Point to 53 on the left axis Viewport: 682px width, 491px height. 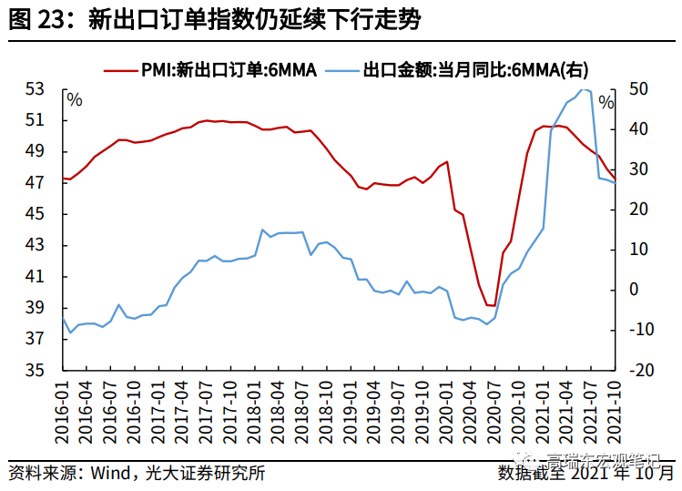click(x=36, y=89)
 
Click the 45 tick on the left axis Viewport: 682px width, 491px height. click(x=36, y=214)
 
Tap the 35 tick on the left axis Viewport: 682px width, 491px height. click(x=36, y=371)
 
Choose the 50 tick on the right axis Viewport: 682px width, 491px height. click(x=638, y=89)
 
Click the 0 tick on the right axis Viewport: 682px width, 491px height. click(x=634, y=290)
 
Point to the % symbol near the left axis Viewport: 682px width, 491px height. click(x=75, y=99)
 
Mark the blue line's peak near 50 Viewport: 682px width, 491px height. click(x=585, y=89)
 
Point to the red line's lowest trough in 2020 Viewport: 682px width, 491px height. click(x=491, y=306)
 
